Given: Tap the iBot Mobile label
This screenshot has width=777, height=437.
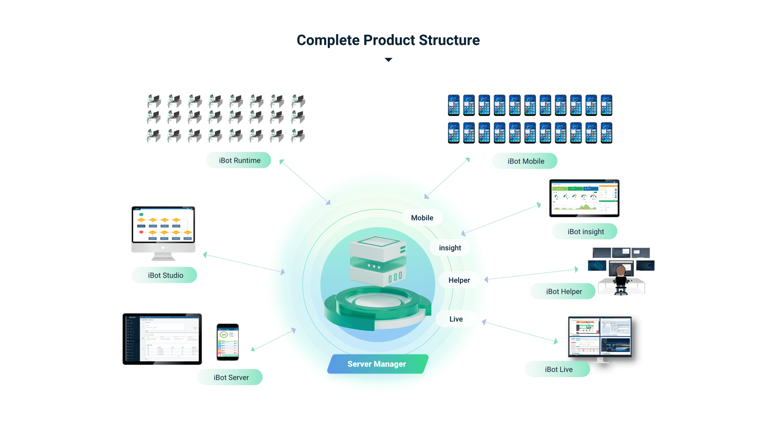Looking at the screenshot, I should pos(525,161).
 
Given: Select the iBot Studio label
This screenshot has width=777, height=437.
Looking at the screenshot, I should pos(165,276).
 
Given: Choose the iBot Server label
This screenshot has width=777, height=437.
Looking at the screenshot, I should pos(231,378).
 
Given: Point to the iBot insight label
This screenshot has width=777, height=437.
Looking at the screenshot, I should pos(585,232).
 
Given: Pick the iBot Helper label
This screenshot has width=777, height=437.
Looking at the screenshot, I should pos(563,292).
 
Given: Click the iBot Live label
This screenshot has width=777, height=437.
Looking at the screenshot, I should pos(558,369).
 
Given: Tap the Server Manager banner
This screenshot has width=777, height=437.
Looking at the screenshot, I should pos(377,364).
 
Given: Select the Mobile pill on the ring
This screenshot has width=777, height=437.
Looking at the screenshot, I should pos(422,218).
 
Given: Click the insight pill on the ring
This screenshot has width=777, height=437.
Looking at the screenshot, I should pos(450,248).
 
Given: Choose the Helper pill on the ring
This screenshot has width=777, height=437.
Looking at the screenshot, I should pos(459,280).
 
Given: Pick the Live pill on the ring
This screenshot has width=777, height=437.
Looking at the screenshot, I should pos(456,319).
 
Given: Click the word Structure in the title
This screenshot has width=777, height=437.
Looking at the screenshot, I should pos(449,40).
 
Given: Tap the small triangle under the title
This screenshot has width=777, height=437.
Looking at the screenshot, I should pos(388,60).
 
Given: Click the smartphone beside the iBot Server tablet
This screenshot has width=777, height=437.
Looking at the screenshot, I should pos(227,342).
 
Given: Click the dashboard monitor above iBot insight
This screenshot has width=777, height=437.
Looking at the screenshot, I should pos(584,198).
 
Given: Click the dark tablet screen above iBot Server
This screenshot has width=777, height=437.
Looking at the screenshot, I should pos(162,339).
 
